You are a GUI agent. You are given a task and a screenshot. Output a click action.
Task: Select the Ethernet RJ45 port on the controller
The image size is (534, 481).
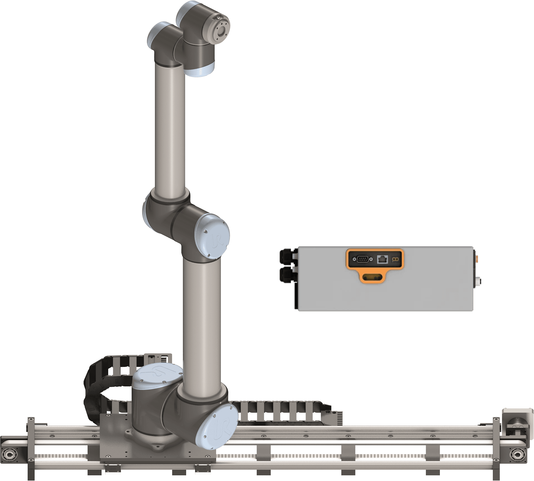382,260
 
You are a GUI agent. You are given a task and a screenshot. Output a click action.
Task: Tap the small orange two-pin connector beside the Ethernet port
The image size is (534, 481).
395,260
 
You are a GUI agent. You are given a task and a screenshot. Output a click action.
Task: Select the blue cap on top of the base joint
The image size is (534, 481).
158,377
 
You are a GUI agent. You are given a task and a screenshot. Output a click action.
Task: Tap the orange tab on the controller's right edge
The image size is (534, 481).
477,257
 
